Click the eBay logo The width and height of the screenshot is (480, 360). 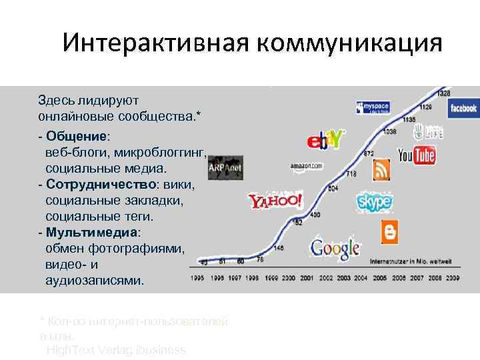coord(325,141)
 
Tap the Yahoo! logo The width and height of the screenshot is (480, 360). coord(275,201)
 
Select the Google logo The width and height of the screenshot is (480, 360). coord(335,248)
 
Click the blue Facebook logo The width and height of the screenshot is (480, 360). coord(463,108)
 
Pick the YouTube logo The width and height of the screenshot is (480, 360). coord(417,155)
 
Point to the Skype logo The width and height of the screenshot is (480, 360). coord(375,200)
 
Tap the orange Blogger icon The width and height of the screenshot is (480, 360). coord(389,231)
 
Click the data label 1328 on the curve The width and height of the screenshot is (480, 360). coord(444,93)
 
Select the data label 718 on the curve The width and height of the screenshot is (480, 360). coord(351,175)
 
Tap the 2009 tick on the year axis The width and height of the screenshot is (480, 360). coord(453,277)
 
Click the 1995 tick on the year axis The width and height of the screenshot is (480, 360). coord(197,277)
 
